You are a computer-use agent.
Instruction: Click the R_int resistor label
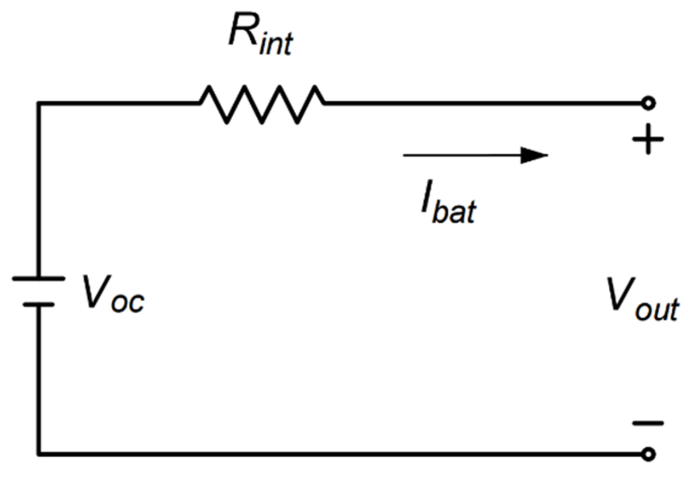coord(261,35)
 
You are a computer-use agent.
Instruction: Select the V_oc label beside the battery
coord(114,294)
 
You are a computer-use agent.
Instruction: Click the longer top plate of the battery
coord(39,278)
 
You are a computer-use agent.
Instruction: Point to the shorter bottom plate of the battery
coord(39,305)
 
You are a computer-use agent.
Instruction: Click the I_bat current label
coord(448,201)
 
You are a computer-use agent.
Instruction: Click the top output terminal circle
coord(648,103)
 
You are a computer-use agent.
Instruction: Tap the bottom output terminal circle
coord(648,454)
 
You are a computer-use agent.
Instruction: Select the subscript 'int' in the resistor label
coord(276,43)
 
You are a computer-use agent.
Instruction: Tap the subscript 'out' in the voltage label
coord(657,308)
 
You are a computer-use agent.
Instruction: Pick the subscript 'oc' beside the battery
coord(128,302)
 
